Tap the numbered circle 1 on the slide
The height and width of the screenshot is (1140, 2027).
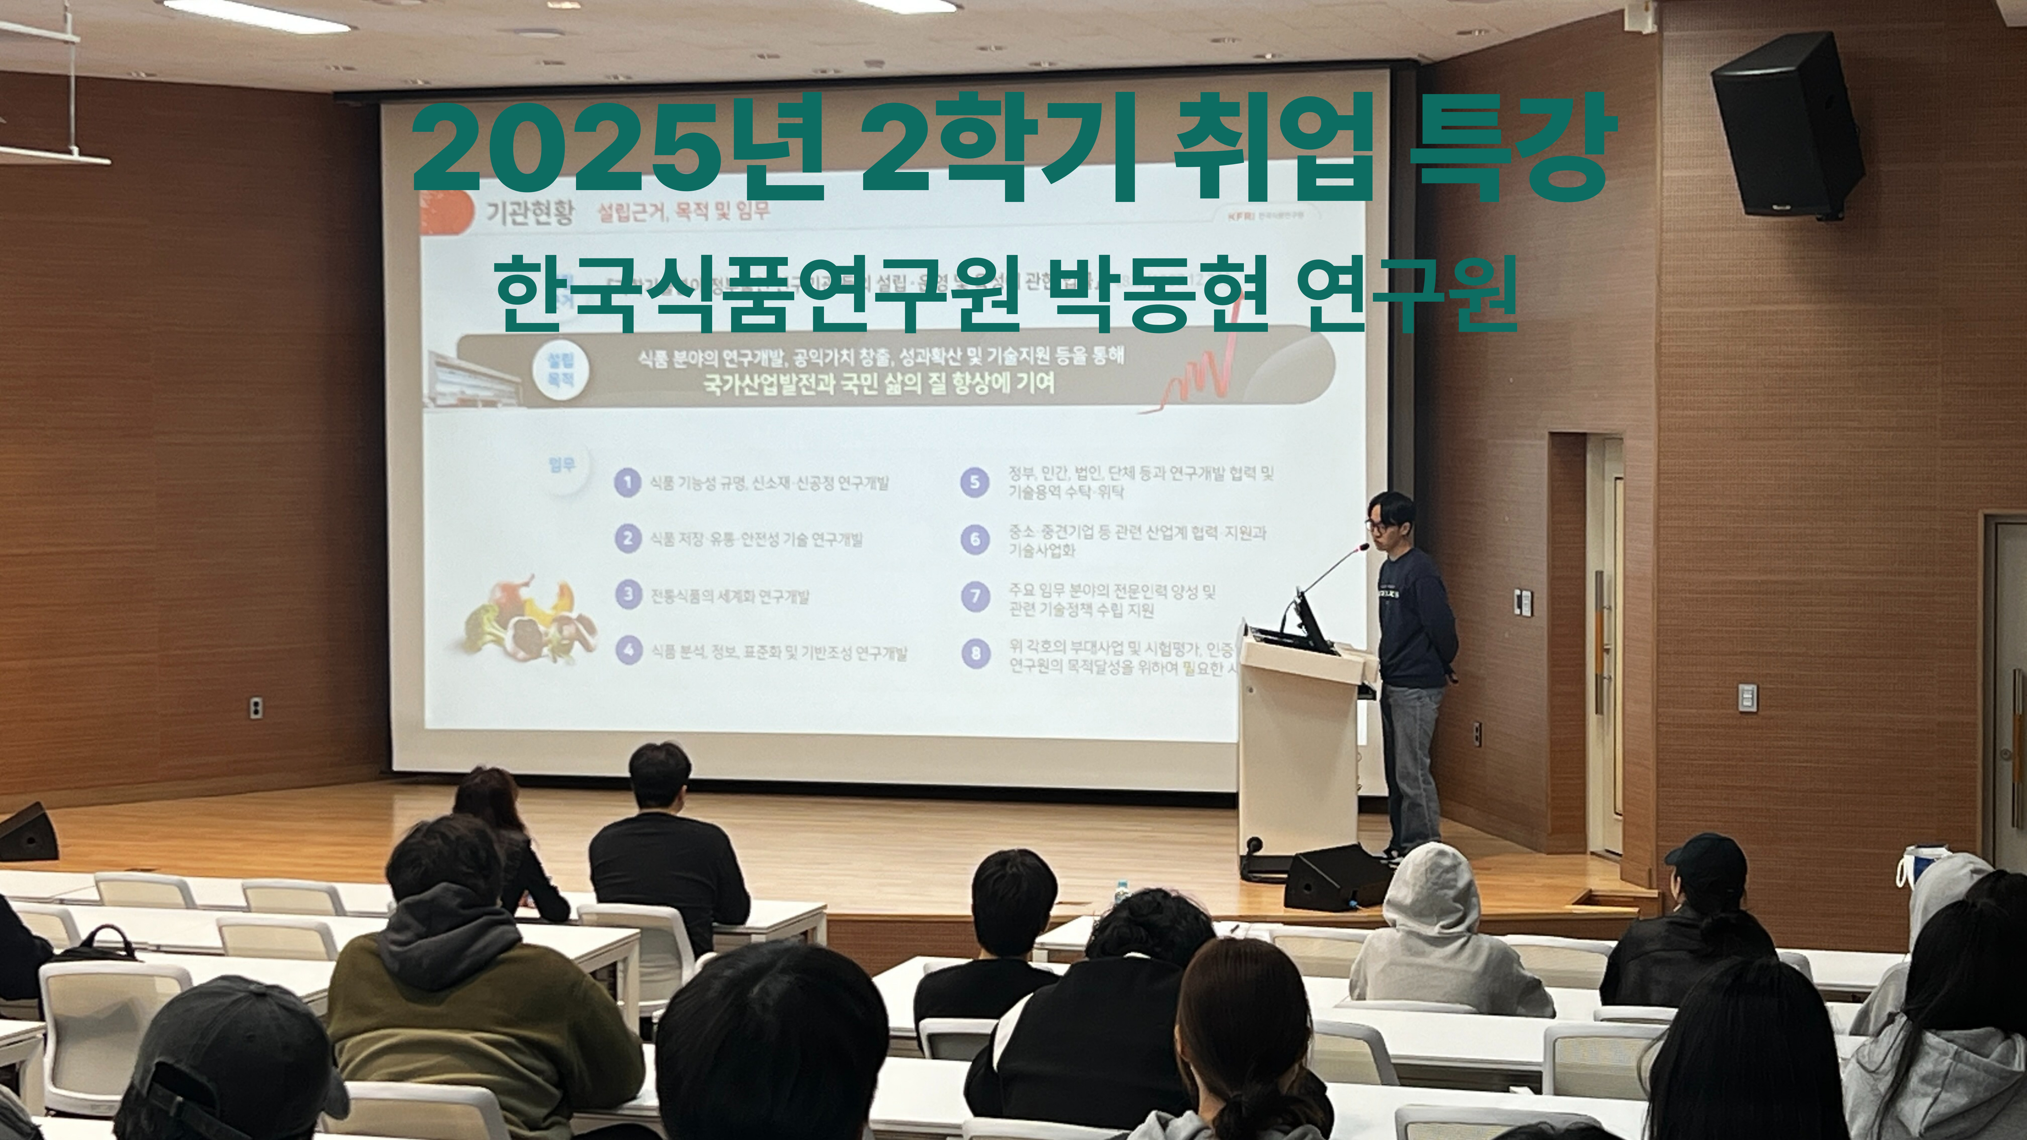point(627,481)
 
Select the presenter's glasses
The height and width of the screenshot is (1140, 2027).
point(1377,526)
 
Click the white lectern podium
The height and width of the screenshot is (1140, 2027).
point(1298,748)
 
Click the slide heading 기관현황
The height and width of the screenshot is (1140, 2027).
point(530,212)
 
